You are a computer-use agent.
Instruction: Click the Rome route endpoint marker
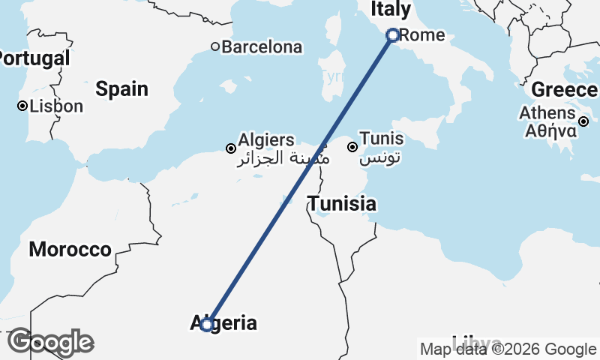[x=392, y=35]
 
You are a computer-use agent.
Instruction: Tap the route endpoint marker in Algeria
[x=207, y=325]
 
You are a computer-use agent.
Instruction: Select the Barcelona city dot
[x=215, y=47]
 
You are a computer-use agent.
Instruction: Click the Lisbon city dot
[x=22, y=106]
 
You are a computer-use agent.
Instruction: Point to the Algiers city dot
[x=231, y=148]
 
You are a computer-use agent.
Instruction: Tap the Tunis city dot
[x=352, y=147]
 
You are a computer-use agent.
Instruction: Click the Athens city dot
[x=583, y=121]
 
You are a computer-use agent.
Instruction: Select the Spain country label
[x=121, y=89]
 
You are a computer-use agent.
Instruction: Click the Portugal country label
[x=34, y=58]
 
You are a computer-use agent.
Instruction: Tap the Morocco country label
[x=70, y=250]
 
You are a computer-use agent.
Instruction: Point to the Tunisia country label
[x=342, y=204]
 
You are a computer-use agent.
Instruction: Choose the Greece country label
[x=564, y=90]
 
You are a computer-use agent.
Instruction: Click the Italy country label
[x=391, y=10]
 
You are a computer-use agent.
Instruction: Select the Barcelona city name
[x=262, y=47]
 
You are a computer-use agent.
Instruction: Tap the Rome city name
[x=422, y=35]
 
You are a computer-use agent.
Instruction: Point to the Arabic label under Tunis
[x=381, y=158]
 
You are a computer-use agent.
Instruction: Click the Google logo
[x=50, y=343]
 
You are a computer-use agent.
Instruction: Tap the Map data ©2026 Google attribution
[x=508, y=349]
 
